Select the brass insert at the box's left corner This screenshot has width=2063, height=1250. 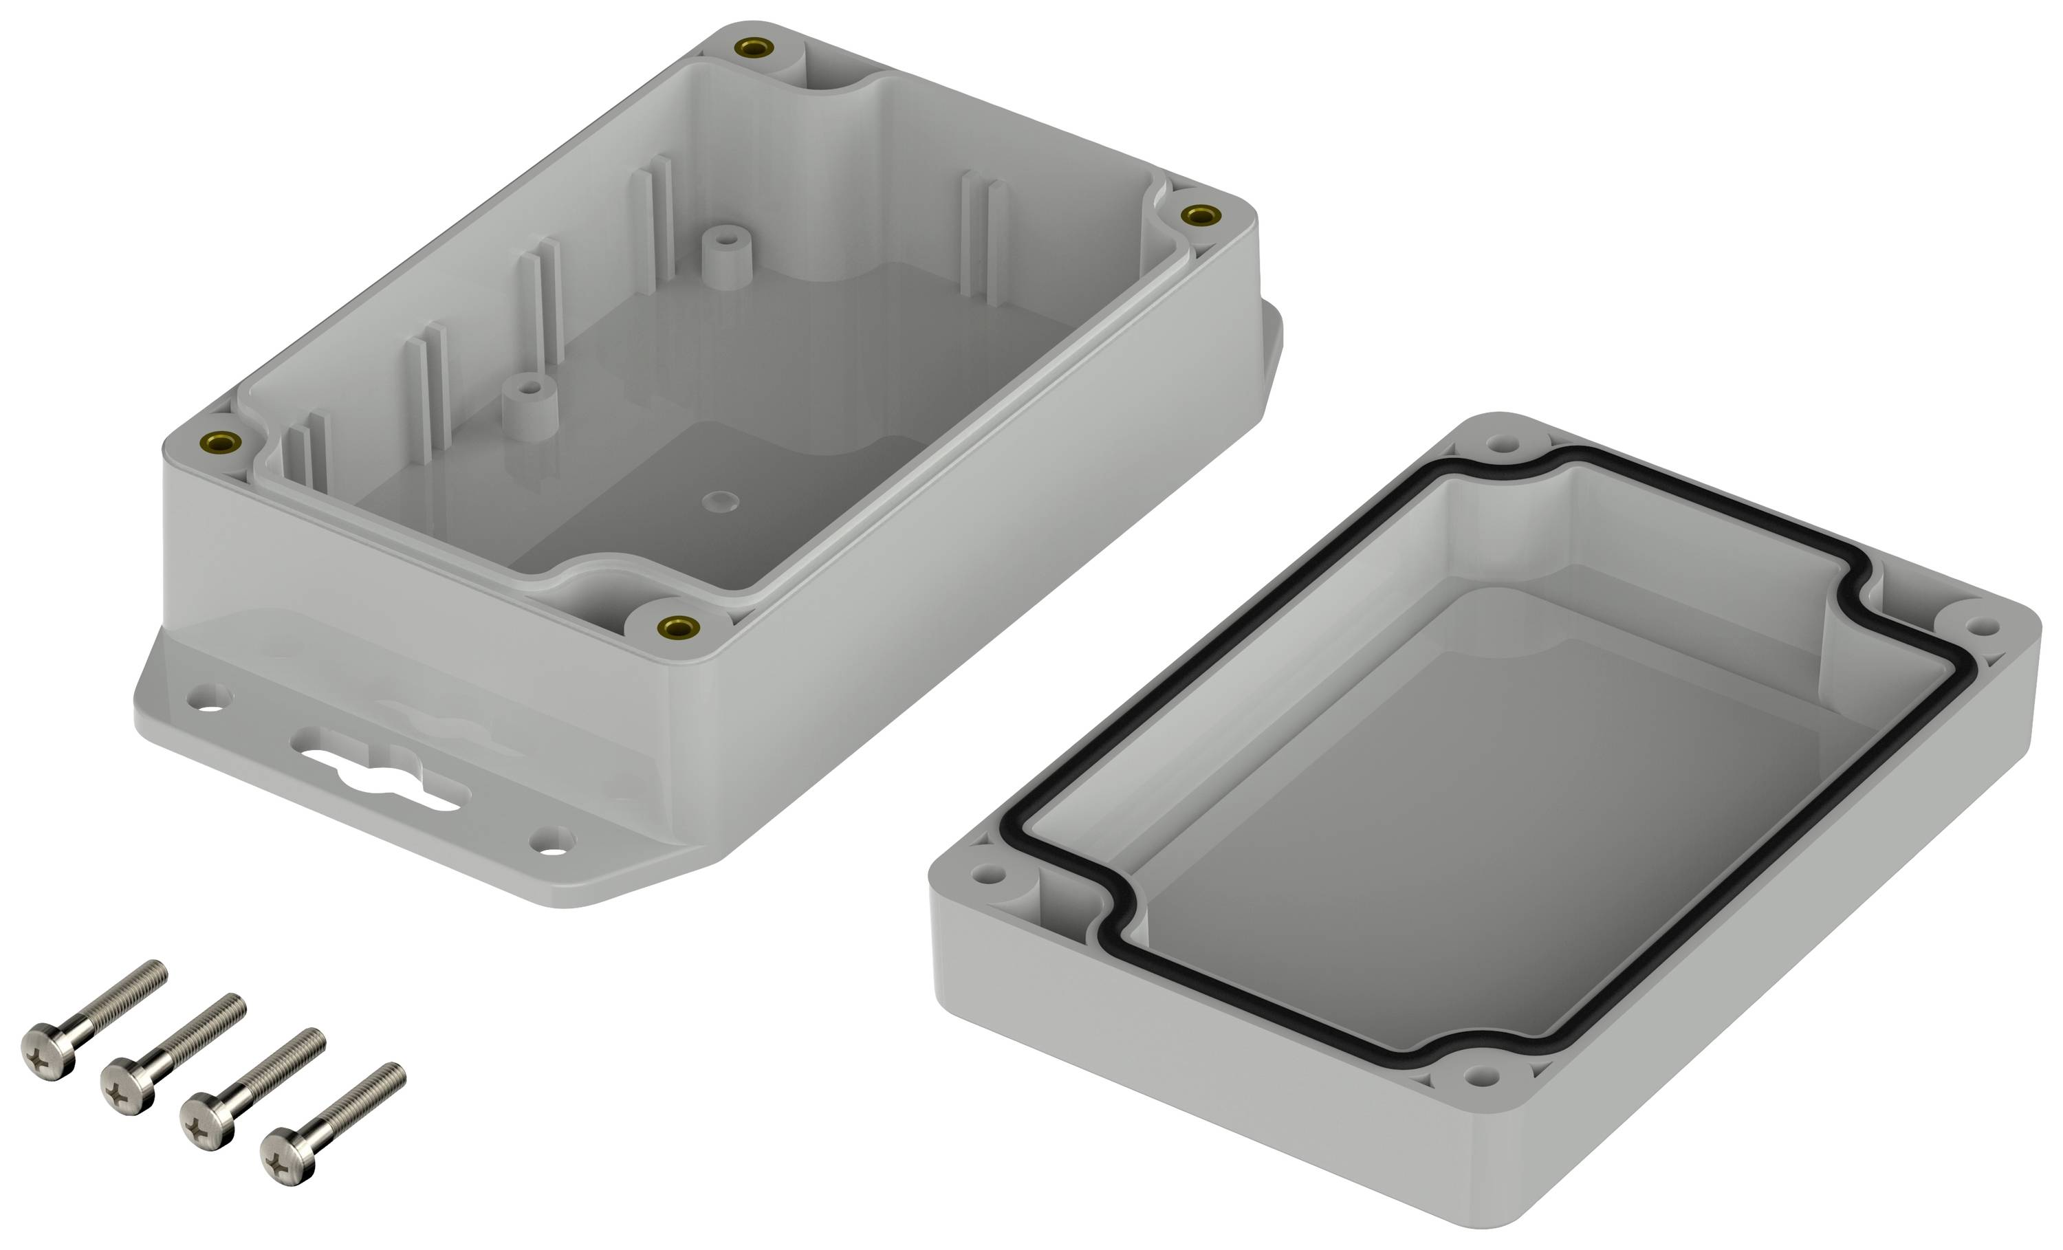(x=222, y=443)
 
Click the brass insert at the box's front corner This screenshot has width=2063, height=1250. (x=677, y=626)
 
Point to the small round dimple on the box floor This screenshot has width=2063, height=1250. (x=720, y=503)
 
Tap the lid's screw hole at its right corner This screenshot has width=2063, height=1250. (x=1981, y=626)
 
